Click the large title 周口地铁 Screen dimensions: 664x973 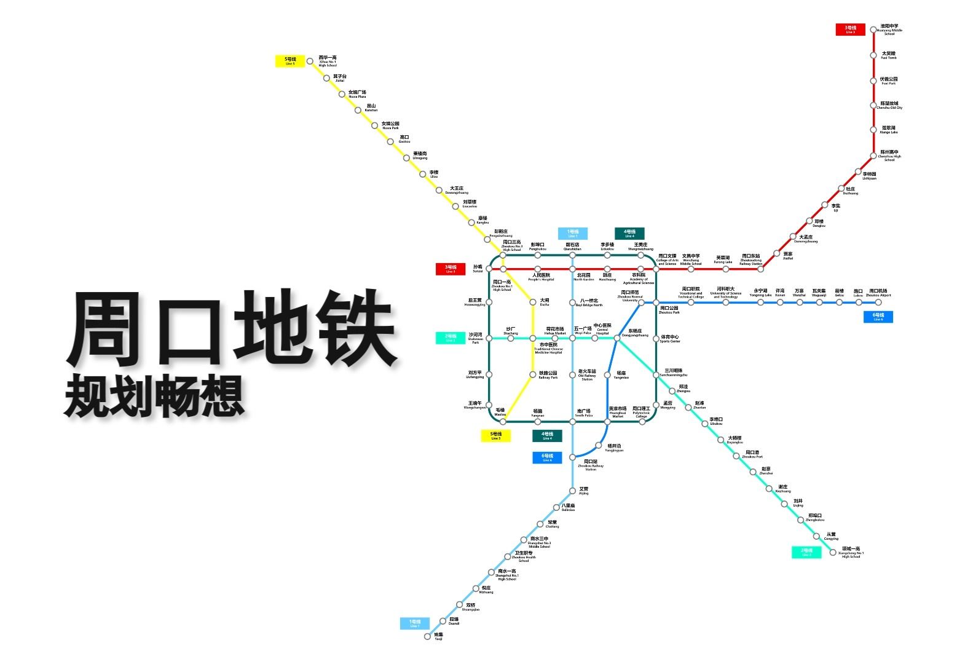pos(230,329)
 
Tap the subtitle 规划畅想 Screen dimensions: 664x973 pos(154,395)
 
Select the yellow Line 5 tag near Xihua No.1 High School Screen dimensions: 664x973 pos(290,61)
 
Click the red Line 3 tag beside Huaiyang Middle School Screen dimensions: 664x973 pos(850,29)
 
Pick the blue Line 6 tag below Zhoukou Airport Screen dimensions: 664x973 pos(878,317)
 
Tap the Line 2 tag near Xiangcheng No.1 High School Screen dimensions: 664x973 pos(806,552)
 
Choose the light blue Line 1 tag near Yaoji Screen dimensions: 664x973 pos(415,623)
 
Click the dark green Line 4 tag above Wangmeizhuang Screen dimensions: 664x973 pos(629,233)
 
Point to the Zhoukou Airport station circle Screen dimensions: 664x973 pos(878,302)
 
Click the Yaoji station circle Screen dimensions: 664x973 pos(428,636)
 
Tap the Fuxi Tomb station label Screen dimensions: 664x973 pos(889,55)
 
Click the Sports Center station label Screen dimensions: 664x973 pos(670,339)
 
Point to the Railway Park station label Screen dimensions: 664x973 pos(548,375)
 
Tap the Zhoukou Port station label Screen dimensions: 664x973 pos(752,454)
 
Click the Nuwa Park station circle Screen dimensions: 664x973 pos(374,125)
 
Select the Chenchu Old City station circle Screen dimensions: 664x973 pos(873,105)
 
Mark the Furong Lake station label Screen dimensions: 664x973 pos(723,259)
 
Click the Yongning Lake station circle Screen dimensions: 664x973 pos(760,302)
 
